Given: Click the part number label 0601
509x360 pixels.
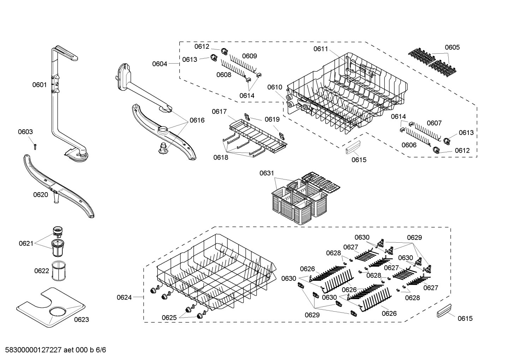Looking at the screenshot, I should [40, 84].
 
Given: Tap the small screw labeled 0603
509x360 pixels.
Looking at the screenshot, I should [35, 146].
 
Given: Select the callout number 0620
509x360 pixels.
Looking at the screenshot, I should [40, 195].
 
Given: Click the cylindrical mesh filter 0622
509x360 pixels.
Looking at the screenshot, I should [59, 271].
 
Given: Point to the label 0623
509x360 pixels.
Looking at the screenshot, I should [82, 319].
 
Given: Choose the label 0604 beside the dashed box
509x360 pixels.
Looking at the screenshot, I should [160, 64].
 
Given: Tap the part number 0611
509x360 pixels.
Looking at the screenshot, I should [321, 49].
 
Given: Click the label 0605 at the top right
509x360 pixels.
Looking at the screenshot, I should [452, 47].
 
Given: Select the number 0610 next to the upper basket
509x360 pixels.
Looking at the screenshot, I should [275, 87].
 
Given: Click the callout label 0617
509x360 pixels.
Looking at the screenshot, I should [219, 112].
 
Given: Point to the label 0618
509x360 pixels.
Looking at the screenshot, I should [221, 158].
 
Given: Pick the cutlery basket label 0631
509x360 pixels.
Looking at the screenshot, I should [267, 173].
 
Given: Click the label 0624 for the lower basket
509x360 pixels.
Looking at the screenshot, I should [124, 297].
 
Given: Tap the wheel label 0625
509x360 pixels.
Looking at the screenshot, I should [169, 318].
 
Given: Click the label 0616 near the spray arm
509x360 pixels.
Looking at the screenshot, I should [197, 120].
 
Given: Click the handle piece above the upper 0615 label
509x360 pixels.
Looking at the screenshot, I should [353, 147].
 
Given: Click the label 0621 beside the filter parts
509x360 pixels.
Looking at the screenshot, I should [26, 243].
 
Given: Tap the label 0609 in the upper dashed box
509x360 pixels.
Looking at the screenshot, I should [249, 56].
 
